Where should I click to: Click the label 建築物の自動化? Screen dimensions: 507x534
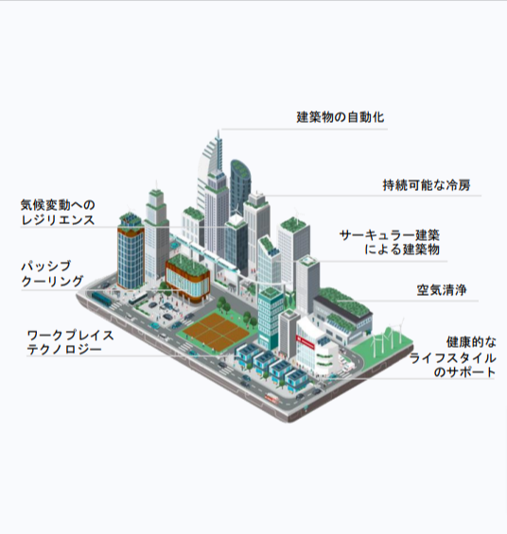pyautogui.click(x=341, y=117)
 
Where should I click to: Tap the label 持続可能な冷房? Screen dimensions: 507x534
pyautogui.click(x=427, y=185)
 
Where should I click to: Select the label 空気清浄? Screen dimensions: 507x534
pyautogui.click(x=442, y=290)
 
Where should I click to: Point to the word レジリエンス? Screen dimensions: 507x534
pyautogui.click(x=58, y=220)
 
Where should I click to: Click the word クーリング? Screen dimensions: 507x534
pyautogui.click(x=52, y=282)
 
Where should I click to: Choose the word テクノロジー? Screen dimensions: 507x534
pyautogui.click(x=64, y=350)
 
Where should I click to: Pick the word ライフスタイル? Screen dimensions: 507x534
pyautogui.click(x=452, y=358)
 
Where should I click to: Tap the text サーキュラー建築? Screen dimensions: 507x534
pyautogui.click(x=390, y=235)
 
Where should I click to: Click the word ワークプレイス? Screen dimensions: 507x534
pyautogui.click(x=71, y=336)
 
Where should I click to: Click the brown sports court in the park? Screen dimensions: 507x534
pyautogui.click(x=215, y=332)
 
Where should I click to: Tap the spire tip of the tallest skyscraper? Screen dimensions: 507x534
pyautogui.click(x=219, y=130)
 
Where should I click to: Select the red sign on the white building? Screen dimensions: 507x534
pyautogui.click(x=305, y=342)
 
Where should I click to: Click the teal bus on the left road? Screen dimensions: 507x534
pyautogui.click(x=101, y=299)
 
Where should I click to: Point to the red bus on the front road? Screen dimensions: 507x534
pyautogui.click(x=271, y=398)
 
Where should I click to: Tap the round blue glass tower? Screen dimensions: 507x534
pyautogui.click(x=131, y=253)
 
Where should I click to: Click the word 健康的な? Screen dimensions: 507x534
pyautogui.click(x=471, y=342)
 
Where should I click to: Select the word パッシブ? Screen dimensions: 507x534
pyautogui.click(x=46, y=266)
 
